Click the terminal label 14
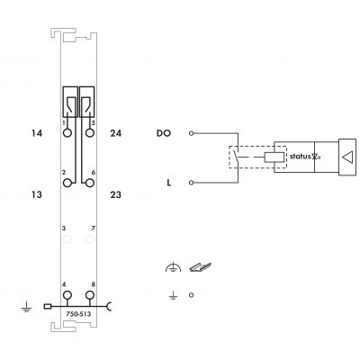pos(37,133)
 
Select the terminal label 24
pos(116,133)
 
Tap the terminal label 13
pos(37,194)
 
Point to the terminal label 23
pos(116,194)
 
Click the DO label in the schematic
pos(164,133)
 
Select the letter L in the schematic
pos(169,183)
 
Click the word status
pos(300,157)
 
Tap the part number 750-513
pos(78,314)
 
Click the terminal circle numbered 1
pos(67,132)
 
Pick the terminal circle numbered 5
pos(90,132)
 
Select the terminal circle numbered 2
pos(67,183)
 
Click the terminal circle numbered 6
pos(90,183)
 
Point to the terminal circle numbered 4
pos(67,295)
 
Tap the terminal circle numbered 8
pos(90,295)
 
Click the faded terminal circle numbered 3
pos(67,239)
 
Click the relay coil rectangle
pos(274,157)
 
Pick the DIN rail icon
pos(200,267)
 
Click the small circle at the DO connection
pos(191,133)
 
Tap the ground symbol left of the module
pos(26,307)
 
